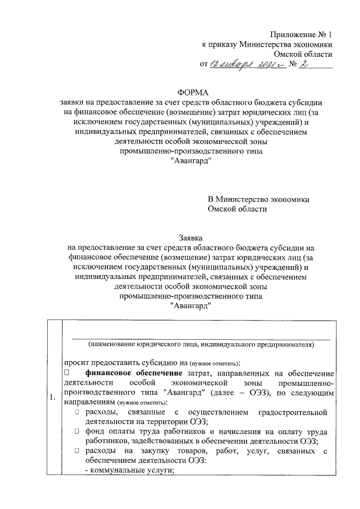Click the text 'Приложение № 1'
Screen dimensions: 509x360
pos(301,34)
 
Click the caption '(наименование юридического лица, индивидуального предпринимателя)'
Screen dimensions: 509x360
pos(201,345)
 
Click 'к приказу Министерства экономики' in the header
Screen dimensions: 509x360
pos(267,44)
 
